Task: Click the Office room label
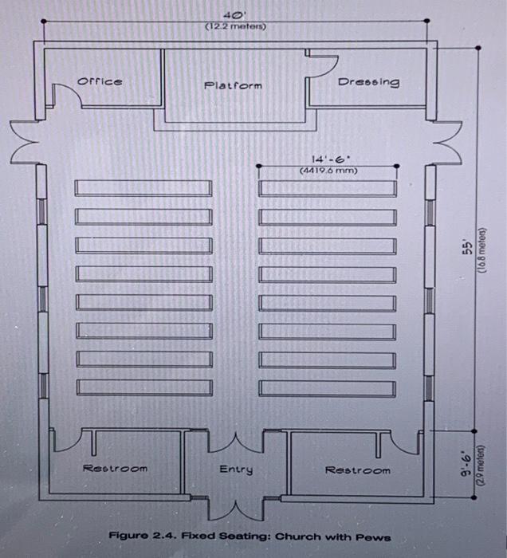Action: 100,81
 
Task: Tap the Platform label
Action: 233,84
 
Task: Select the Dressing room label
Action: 368,82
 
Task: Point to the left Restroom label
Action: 116,469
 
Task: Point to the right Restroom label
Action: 358,470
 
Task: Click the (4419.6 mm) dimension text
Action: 328,170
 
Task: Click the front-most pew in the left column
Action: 143,188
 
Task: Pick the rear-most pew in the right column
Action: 328,388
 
